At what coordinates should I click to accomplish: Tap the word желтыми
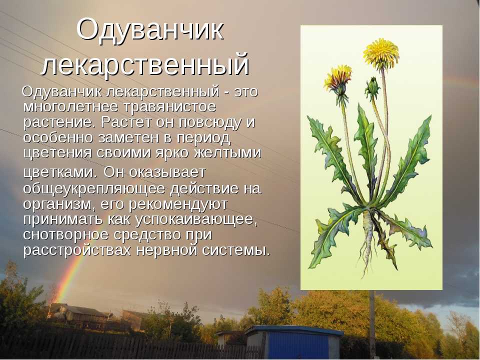[x=228, y=153]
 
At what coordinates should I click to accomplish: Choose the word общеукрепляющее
[x=94, y=189]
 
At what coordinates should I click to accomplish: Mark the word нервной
[x=166, y=250]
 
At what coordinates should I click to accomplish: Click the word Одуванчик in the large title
[x=150, y=30]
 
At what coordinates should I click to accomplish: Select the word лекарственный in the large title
[x=145, y=65]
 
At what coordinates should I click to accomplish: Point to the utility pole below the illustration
[x=372, y=324]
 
